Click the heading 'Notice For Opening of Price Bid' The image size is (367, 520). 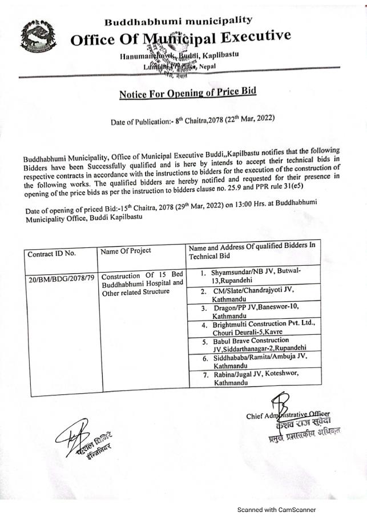[x=188, y=93]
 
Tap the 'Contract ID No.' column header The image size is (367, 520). [x=51, y=252]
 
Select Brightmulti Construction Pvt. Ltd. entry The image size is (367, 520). [x=261, y=328]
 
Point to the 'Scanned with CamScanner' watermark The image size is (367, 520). [x=276, y=510]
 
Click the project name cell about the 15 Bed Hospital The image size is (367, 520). [x=142, y=282]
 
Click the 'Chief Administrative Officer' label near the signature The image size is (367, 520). [x=288, y=416]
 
